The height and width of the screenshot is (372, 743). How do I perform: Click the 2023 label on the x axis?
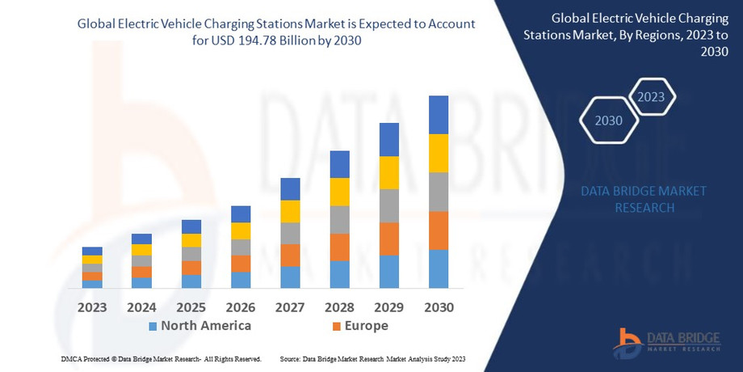(x=92, y=307)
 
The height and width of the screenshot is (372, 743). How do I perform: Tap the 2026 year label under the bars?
(x=241, y=307)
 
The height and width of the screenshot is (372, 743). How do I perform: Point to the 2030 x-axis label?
(x=439, y=307)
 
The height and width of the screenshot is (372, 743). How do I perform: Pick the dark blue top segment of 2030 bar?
(x=439, y=115)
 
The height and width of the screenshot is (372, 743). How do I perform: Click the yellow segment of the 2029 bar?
(x=389, y=172)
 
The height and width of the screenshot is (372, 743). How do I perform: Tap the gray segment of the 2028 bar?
(x=340, y=219)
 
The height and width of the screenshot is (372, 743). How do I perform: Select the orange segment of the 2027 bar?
(x=290, y=255)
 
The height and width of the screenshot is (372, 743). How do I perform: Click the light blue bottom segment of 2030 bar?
(x=439, y=268)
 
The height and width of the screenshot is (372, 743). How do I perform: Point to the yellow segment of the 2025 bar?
(x=191, y=240)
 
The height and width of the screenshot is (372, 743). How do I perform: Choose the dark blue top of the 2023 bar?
(x=92, y=251)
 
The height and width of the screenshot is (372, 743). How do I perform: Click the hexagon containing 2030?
(x=608, y=121)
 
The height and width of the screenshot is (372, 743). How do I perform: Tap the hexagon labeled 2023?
(x=651, y=97)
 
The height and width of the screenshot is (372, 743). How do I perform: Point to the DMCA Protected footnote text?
(x=161, y=358)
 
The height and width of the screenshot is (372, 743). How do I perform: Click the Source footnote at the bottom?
(x=372, y=358)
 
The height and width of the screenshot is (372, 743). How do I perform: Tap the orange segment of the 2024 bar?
(x=141, y=272)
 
